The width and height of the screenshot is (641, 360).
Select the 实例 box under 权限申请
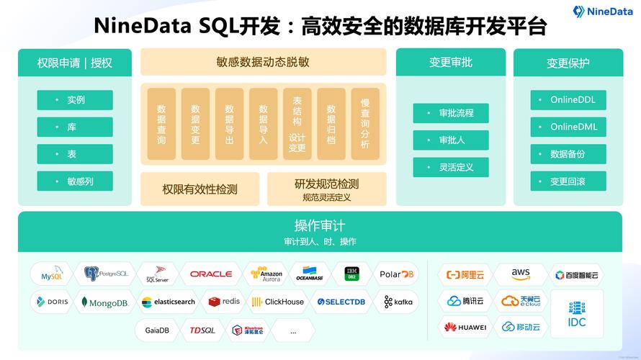click(x=75, y=100)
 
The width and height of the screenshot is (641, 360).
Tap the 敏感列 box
click(x=75, y=181)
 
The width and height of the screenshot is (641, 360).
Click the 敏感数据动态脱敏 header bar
click(x=263, y=62)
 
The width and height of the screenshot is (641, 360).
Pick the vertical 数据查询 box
click(x=161, y=124)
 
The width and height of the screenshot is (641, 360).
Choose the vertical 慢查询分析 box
click(x=365, y=124)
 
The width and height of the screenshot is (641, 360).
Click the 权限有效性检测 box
click(x=200, y=189)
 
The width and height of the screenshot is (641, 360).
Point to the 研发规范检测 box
click(x=326, y=189)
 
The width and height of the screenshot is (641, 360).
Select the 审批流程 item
click(x=451, y=113)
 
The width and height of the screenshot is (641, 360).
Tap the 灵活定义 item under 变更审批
click(x=451, y=167)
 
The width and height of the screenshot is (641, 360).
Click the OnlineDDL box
click(x=568, y=100)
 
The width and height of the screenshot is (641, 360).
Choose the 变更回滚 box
click(x=568, y=181)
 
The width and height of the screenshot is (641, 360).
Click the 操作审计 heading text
click(x=320, y=224)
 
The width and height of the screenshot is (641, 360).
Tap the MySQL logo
click(x=52, y=274)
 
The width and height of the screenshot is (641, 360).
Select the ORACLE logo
click(x=211, y=274)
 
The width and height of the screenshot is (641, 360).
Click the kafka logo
click(x=398, y=302)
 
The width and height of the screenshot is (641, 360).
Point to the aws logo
click(x=521, y=274)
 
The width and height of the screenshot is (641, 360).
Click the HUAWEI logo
click(x=465, y=328)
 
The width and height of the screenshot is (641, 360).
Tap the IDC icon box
click(x=577, y=314)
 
